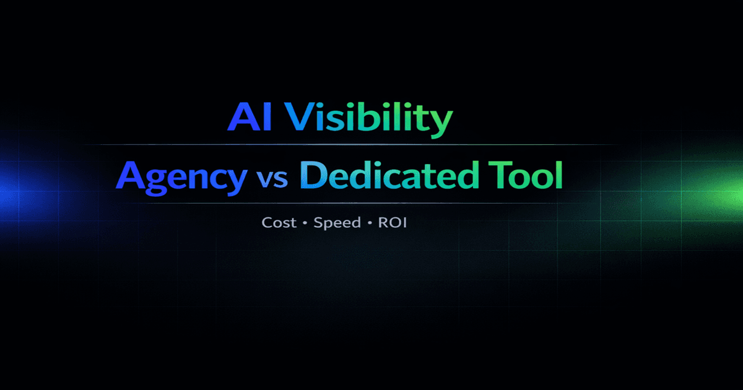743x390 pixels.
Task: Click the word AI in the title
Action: coord(250,117)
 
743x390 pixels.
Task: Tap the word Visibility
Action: coord(368,118)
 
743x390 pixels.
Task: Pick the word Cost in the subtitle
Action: coord(279,222)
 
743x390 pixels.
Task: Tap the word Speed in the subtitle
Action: coord(337,223)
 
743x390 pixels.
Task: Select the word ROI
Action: coord(393,222)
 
